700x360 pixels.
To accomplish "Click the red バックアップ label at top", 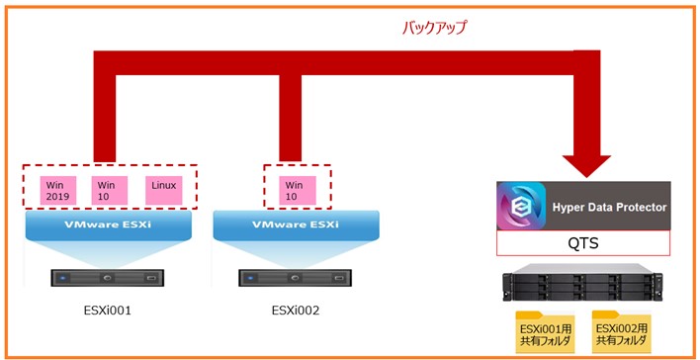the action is (x=434, y=28).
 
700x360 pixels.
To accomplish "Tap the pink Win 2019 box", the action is (x=58, y=190).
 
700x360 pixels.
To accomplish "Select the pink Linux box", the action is (x=164, y=190).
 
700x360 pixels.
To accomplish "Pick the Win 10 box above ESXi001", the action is (x=110, y=190).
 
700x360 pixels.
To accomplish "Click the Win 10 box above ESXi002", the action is (x=298, y=190).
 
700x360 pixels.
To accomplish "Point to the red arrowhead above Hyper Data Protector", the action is (x=586, y=166).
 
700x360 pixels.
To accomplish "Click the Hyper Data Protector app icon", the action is (x=521, y=206).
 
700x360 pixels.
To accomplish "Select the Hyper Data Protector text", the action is (x=609, y=208).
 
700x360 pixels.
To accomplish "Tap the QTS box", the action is (x=583, y=243).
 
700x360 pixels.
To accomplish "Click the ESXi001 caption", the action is (x=107, y=311).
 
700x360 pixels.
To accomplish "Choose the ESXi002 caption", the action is (x=296, y=311).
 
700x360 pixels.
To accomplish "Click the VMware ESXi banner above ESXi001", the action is (x=109, y=225).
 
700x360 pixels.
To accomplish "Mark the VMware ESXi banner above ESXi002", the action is (x=296, y=225).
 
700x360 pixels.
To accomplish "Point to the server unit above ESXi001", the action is (x=107, y=278).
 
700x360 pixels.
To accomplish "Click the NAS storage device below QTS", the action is (x=582, y=283).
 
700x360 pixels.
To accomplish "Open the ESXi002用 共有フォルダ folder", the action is (x=622, y=332).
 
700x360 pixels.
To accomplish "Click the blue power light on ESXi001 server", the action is (x=62, y=278).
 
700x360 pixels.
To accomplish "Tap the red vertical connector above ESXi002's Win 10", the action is (x=290, y=119).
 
